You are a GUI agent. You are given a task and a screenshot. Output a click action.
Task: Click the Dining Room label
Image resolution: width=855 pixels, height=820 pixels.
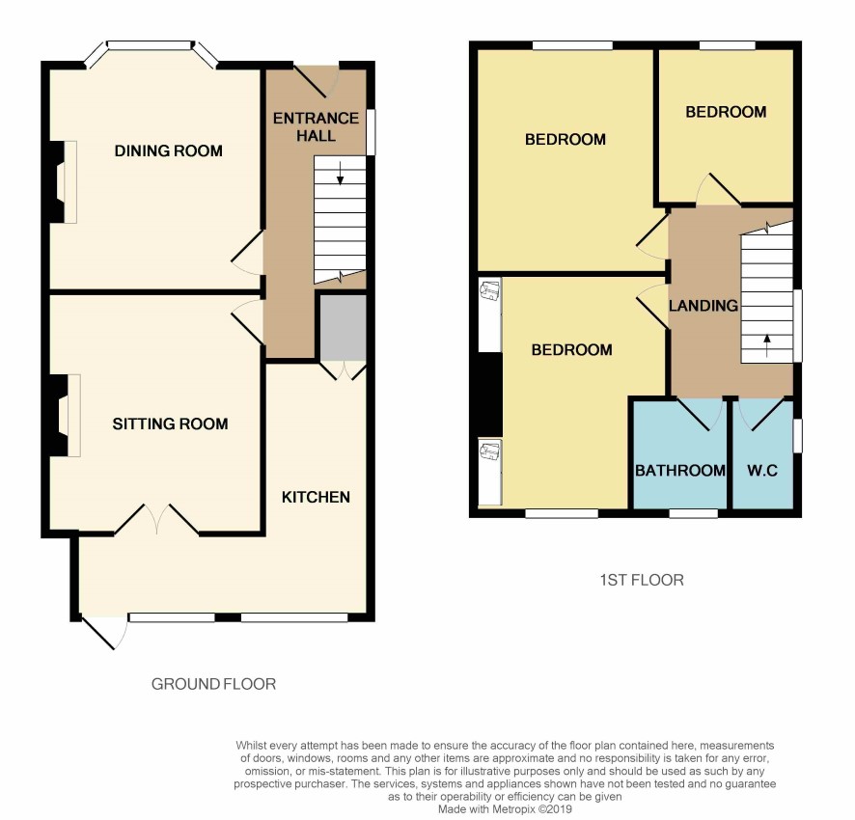click(169, 150)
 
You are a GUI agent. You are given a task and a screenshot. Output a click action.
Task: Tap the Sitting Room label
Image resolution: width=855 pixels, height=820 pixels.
click(170, 424)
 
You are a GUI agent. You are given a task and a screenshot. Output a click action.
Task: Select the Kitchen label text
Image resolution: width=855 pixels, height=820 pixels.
click(316, 497)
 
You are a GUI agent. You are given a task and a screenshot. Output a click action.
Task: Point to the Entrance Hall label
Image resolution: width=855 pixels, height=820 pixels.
click(316, 126)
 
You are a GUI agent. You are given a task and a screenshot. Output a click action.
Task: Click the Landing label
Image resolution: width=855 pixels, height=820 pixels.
click(703, 305)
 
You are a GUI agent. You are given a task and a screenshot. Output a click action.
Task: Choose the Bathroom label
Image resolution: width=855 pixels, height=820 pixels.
click(680, 470)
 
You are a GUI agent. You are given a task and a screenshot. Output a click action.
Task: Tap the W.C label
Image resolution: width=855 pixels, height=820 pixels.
click(761, 470)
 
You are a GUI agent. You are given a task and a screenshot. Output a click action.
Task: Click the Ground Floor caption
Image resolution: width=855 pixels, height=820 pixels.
click(213, 684)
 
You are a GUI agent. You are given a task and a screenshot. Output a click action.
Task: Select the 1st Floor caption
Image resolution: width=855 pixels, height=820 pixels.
click(641, 580)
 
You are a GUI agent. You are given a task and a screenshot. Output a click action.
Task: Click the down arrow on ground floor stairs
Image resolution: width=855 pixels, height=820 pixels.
click(341, 173)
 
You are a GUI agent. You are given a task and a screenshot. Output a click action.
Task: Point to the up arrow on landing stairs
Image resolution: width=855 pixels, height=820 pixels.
click(767, 345)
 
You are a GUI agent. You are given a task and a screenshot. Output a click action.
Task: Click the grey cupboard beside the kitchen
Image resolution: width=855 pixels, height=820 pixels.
click(343, 328)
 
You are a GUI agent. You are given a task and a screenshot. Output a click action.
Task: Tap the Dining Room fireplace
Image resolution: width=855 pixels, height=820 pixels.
click(65, 182)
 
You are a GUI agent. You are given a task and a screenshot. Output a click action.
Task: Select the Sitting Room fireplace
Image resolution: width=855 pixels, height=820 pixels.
click(66, 415)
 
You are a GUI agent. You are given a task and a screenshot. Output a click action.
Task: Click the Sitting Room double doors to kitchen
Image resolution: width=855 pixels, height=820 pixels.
click(156, 518)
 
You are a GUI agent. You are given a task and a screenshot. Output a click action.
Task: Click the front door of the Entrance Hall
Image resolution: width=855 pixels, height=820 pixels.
click(317, 82)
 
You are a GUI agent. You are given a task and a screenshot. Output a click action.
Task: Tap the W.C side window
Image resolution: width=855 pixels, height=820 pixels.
click(797, 435)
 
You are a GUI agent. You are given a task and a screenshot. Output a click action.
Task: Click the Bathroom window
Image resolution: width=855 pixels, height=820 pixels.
click(694, 513)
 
